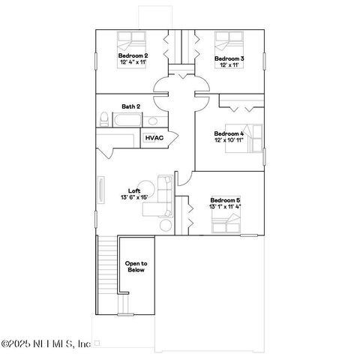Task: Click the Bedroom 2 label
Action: (x=133, y=56)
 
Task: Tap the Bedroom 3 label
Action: (x=229, y=58)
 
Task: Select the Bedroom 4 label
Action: (x=229, y=133)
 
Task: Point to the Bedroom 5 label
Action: (x=225, y=200)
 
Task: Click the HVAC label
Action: (x=154, y=138)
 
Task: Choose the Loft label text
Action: (x=134, y=190)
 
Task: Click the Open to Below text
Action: (x=136, y=266)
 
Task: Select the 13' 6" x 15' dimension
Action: (x=134, y=197)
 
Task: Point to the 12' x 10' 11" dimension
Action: (x=229, y=140)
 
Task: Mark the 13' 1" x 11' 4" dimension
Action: (x=225, y=207)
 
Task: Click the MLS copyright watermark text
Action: (x=46, y=343)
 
